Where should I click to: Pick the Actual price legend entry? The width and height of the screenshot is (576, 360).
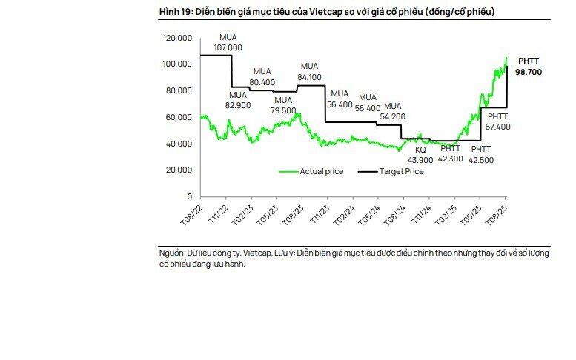[321, 172]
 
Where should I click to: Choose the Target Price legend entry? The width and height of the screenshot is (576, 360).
[401, 172]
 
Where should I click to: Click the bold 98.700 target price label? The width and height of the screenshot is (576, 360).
[531, 73]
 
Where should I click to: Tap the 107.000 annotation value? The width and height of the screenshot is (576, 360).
[228, 47]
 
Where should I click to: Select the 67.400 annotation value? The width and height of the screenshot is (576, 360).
[497, 127]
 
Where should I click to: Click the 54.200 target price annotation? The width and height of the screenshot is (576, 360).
[392, 116]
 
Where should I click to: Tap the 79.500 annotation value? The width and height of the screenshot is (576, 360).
[283, 110]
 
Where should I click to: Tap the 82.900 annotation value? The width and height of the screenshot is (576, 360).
[237, 106]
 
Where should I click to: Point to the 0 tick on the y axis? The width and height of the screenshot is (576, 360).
[190, 197]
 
